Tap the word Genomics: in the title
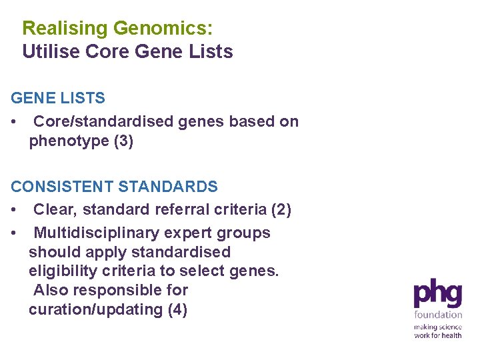(x=163, y=29)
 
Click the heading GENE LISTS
(x=58, y=98)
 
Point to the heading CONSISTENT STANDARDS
(x=114, y=186)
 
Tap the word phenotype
(x=68, y=141)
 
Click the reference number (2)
(x=280, y=209)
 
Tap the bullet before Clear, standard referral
(x=15, y=210)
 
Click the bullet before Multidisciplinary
(x=15, y=233)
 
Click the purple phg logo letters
(x=438, y=294)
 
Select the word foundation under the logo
(x=438, y=315)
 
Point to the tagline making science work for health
(x=438, y=331)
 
